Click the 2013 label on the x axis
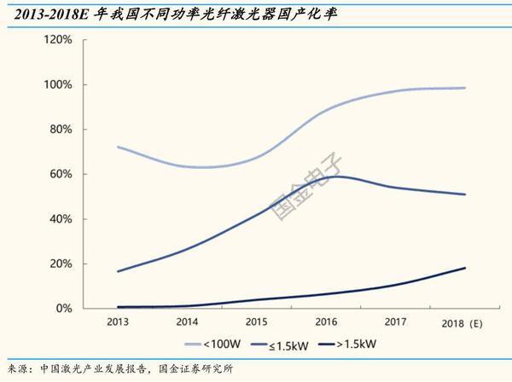pos(118,323)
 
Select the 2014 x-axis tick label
pos(187,323)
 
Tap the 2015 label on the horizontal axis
pos(256,323)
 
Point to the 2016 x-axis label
pos(325,323)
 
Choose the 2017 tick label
pos(394,323)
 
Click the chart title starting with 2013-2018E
pos(162,12)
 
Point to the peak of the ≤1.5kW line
pos(339,177)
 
